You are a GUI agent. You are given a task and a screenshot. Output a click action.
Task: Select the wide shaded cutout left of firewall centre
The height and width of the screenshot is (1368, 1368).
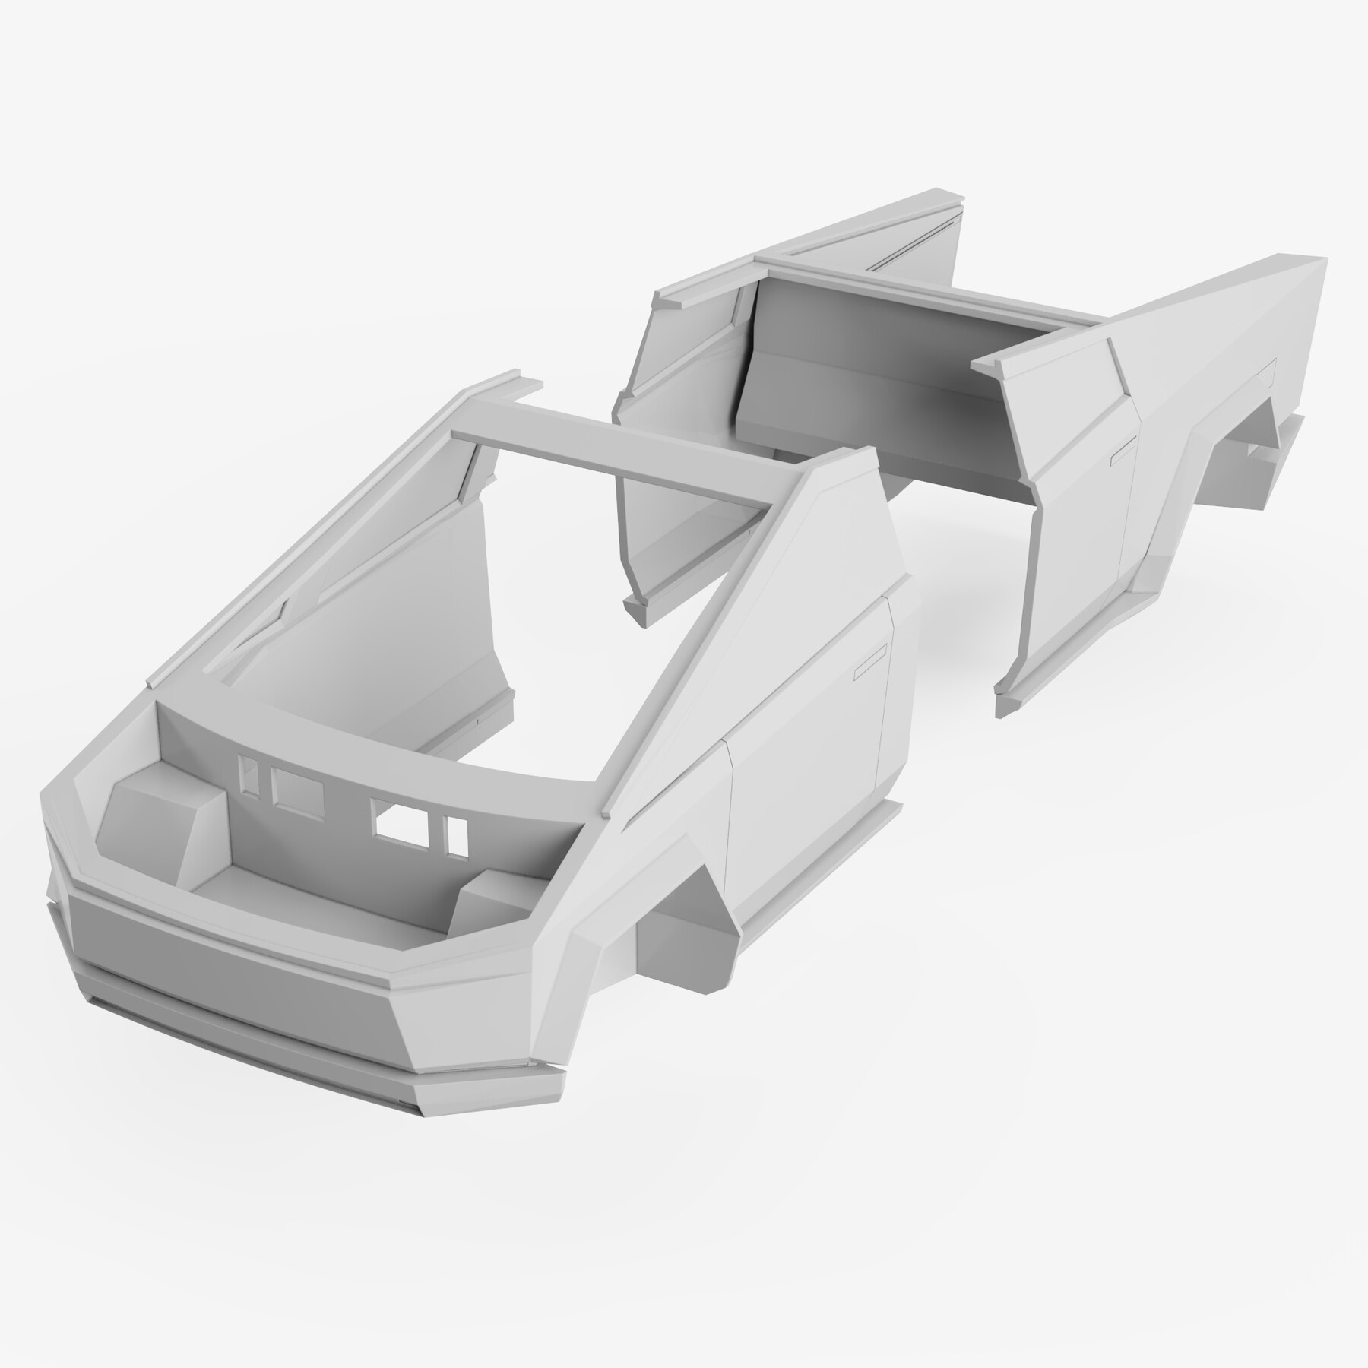[297, 787]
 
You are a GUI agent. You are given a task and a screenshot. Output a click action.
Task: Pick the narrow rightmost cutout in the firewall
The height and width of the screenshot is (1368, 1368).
[457, 834]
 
